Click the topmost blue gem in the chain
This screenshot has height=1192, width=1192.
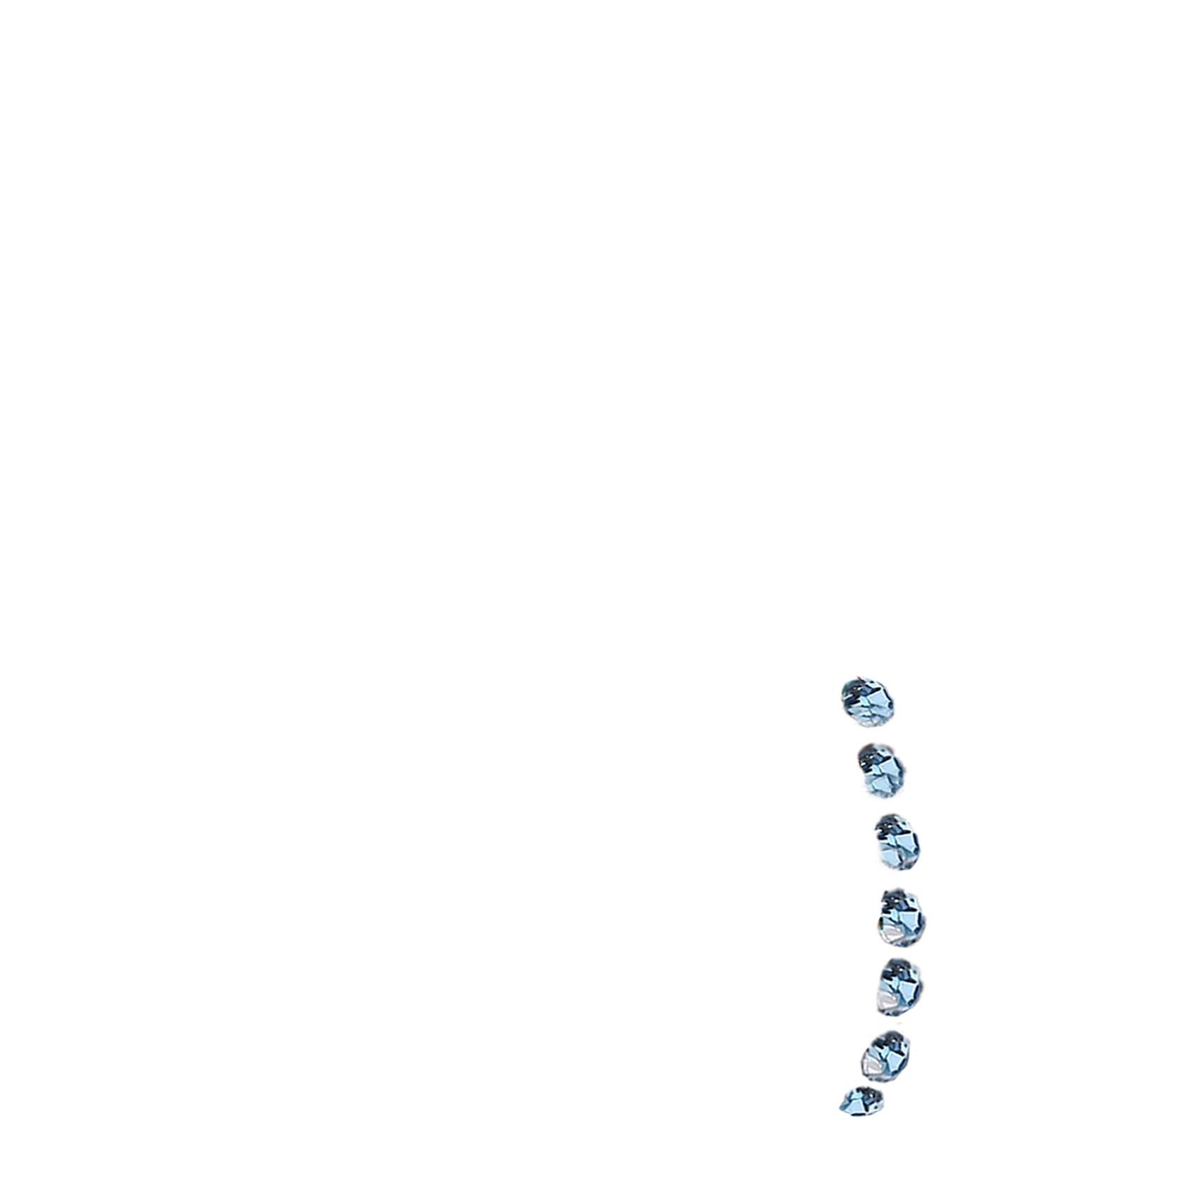[x=869, y=702]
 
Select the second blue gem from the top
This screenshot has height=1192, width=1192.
[x=883, y=775]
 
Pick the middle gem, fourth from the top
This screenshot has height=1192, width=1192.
[x=902, y=916]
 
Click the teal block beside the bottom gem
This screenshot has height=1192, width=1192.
[x=838, y=1084]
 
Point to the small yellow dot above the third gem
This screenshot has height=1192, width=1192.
[x=878, y=813]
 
